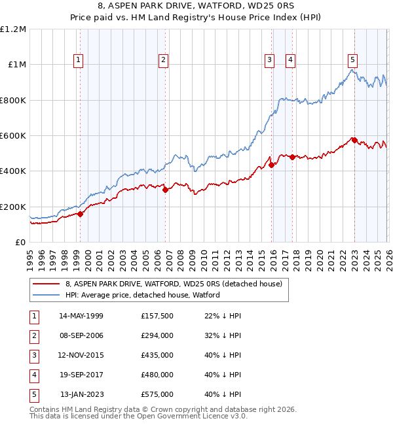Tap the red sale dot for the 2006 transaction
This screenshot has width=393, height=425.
tap(165, 190)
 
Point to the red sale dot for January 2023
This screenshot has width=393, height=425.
tap(354, 140)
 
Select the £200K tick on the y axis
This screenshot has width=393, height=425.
tap(14, 207)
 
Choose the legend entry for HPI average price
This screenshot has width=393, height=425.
tap(142, 295)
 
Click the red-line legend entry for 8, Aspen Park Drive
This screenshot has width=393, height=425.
tap(174, 284)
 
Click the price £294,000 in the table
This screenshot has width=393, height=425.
tap(157, 336)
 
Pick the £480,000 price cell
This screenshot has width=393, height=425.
tap(157, 375)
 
